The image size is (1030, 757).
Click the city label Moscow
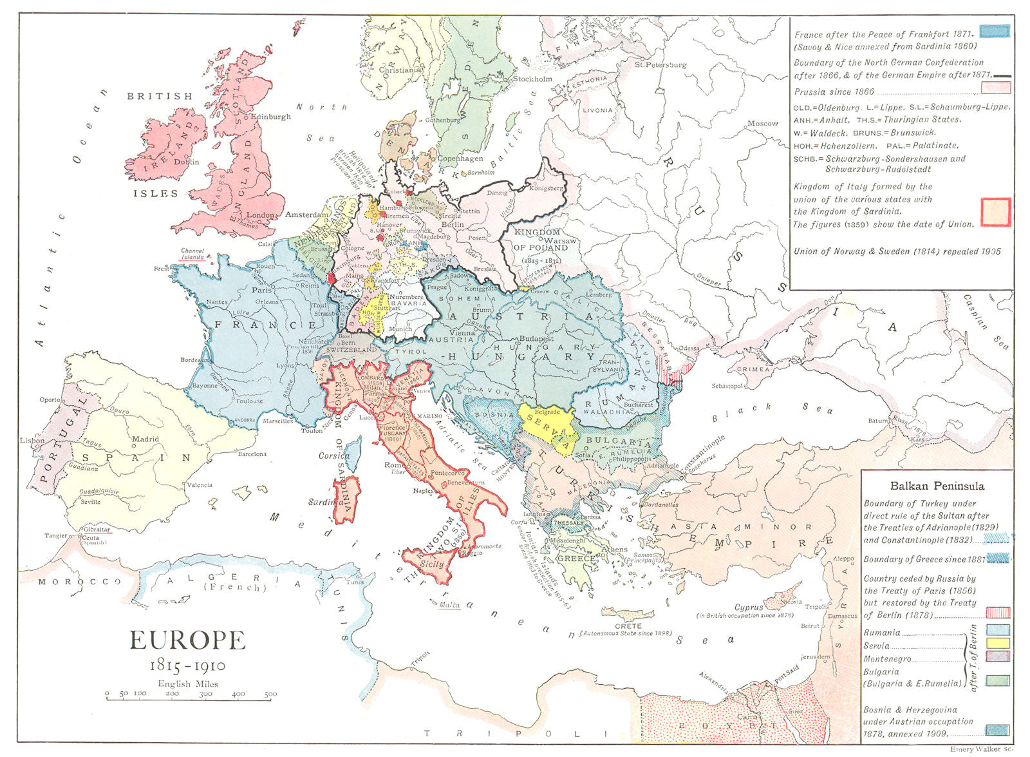click(x=762, y=123)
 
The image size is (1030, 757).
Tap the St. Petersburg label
click(x=660, y=64)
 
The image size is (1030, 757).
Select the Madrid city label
click(x=145, y=439)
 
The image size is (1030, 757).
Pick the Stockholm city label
click(x=532, y=79)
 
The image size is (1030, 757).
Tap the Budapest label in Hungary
click(x=536, y=338)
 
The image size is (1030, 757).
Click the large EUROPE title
click(x=187, y=640)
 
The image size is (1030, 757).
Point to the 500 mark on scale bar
click(x=270, y=695)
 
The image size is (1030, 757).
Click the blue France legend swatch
click(x=995, y=32)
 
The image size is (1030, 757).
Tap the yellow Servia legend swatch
click(x=997, y=642)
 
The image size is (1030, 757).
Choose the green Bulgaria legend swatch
click(x=997, y=680)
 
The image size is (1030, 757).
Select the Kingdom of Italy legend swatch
click(x=995, y=212)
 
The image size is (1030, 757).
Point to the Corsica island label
click(x=334, y=455)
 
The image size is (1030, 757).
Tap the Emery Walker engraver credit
click(x=981, y=750)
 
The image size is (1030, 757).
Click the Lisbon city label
click(x=32, y=441)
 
